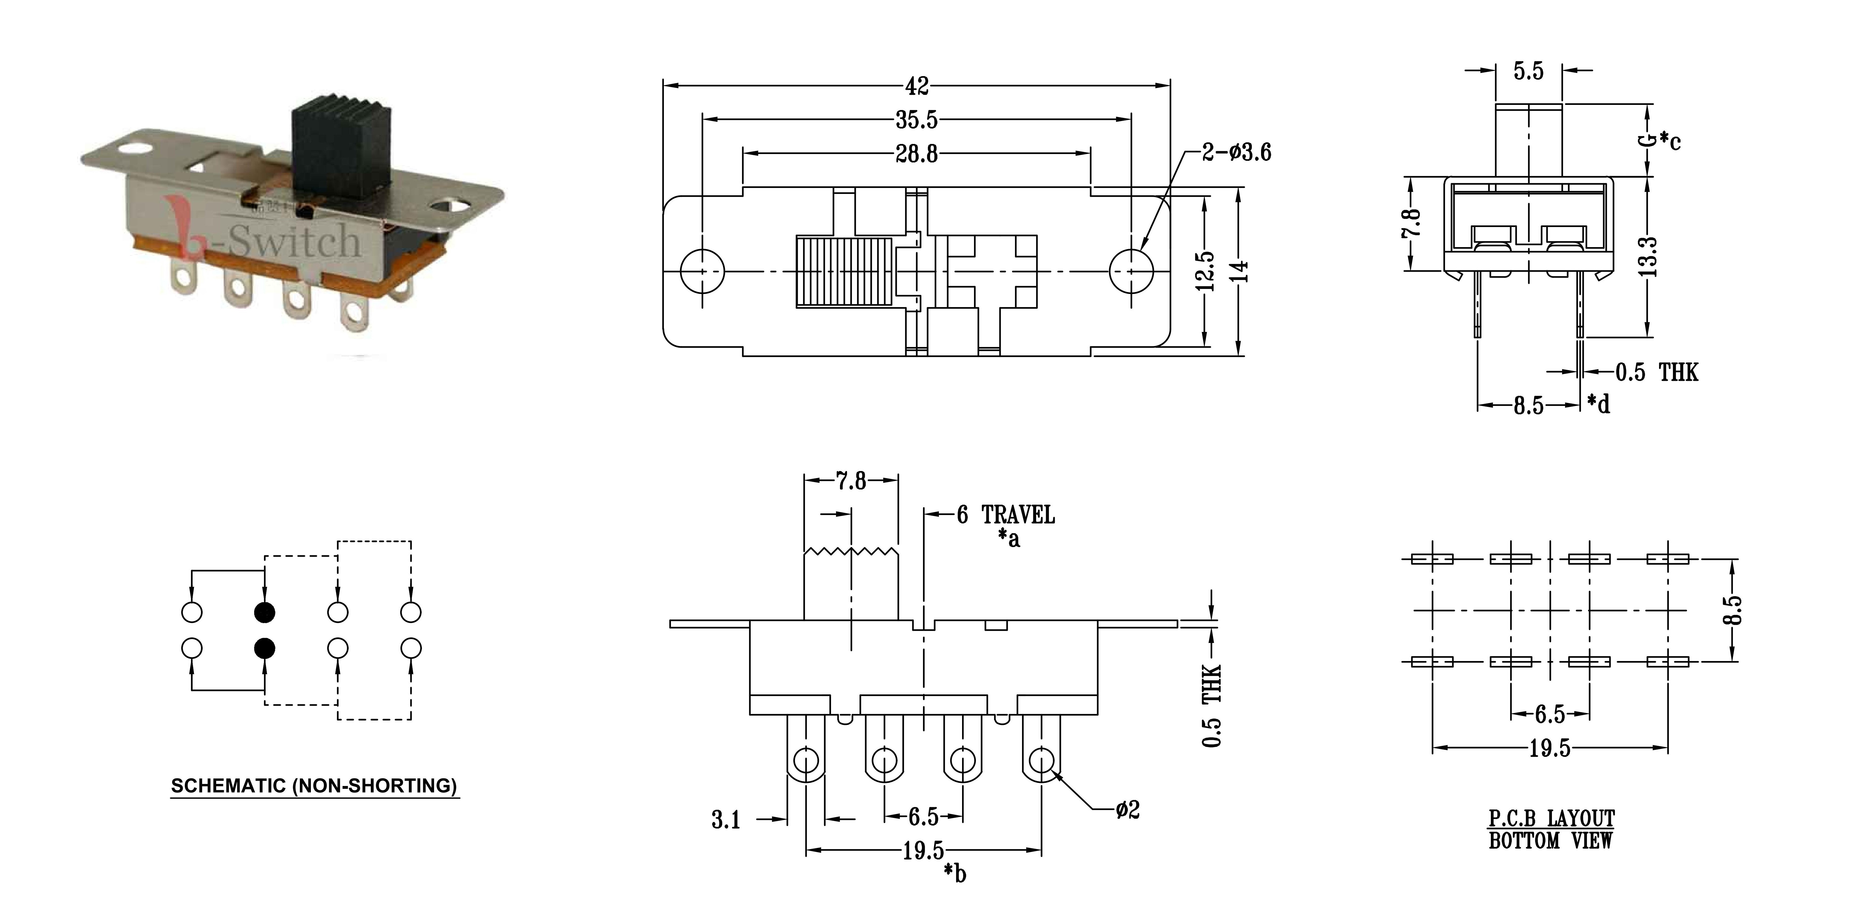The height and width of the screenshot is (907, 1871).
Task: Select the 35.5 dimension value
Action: tap(917, 119)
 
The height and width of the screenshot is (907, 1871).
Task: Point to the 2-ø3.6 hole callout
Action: tap(1236, 153)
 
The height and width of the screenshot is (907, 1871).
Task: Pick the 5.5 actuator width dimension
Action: tap(1528, 71)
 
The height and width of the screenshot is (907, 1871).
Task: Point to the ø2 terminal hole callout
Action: tap(1128, 810)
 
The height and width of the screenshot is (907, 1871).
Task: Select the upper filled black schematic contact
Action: tap(264, 613)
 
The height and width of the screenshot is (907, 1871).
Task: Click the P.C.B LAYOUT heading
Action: tap(1551, 818)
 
